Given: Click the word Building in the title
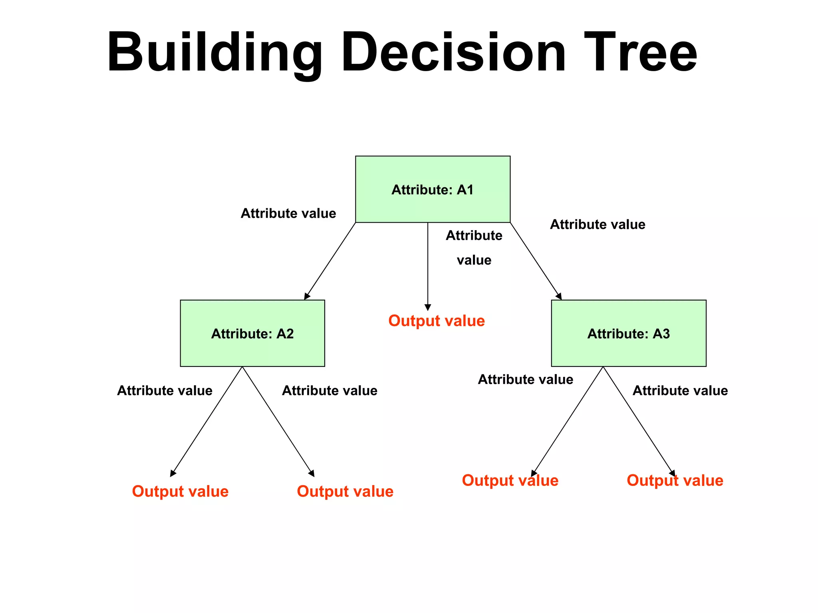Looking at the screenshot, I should [214, 53].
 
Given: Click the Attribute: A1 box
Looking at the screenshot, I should [433, 189].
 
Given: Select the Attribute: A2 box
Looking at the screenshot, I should [252, 333].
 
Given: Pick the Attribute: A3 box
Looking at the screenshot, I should [628, 333].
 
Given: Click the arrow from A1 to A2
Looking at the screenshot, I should [330, 261].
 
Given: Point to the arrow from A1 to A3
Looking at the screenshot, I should [536, 261].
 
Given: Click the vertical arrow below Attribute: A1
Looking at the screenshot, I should [428, 266].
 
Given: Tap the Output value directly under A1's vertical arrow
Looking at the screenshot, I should [436, 321].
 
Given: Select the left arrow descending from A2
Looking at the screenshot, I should [206, 421].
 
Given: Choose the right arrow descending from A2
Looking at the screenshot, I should [278, 421].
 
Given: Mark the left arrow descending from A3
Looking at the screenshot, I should [567, 421].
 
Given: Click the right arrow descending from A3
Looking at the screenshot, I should [639, 421].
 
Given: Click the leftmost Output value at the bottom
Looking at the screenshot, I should [180, 492].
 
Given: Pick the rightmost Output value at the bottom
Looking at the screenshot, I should [675, 480].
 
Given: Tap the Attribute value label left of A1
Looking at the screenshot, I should [288, 213].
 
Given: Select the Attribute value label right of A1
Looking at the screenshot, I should [597, 225].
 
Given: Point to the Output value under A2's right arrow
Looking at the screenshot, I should [345, 492].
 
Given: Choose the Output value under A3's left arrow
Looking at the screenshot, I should [510, 480].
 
